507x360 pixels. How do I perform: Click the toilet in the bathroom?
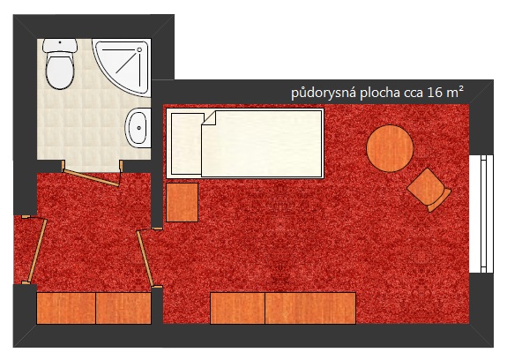coord(60,64)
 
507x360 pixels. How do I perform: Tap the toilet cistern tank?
coord(60,45)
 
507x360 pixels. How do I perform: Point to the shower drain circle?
coord(139,49)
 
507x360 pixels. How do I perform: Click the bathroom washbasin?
coord(138,128)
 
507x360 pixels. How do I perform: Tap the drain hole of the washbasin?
coord(139,128)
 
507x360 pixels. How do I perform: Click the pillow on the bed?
coord(187,144)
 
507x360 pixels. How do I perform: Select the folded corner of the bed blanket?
coord(210,117)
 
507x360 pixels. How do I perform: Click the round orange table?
coord(390,148)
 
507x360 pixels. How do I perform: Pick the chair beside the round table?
coord(429,191)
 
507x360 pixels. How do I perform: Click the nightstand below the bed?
coord(182,202)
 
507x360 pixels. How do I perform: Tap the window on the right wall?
coord(481,214)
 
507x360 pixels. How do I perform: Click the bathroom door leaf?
coord(92,178)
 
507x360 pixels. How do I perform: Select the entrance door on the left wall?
coord(38,251)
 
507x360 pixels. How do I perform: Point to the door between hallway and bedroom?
coord(145,259)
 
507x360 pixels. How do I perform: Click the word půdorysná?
coord(324,94)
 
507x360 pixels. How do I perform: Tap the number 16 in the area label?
coord(435,93)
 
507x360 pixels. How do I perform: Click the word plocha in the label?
coord(380,93)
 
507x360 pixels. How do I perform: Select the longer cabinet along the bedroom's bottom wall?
coord(310,308)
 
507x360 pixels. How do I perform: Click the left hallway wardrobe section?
coord(66,308)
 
